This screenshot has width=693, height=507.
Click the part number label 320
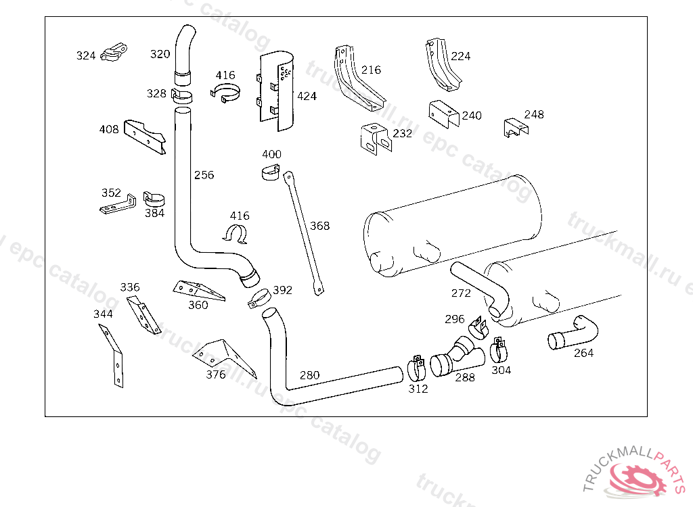click(x=160, y=54)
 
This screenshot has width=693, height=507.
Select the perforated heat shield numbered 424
click(x=278, y=91)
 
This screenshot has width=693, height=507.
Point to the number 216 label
click(x=371, y=70)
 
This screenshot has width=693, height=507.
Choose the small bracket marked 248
click(x=515, y=127)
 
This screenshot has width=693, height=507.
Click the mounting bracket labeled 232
click(x=375, y=138)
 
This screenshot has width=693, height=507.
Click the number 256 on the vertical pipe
click(x=204, y=175)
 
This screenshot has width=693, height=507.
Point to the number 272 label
click(x=461, y=293)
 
